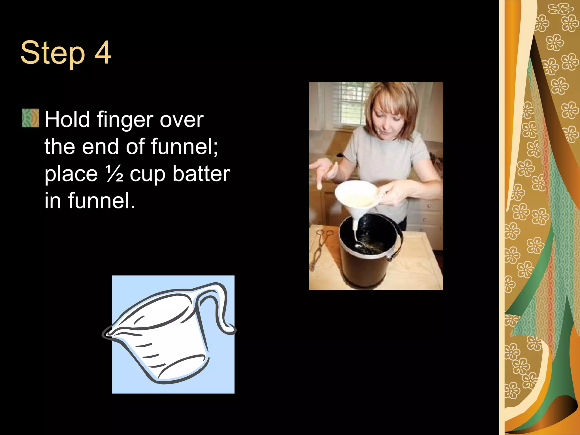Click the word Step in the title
coord(53,53)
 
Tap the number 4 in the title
coord(103,52)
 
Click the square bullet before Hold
coord(31,118)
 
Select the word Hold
coord(67,119)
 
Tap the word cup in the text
coord(147,174)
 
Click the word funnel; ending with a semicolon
coord(184,146)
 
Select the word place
coord(71,174)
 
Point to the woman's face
coord(388,119)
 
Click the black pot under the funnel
coord(365,255)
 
